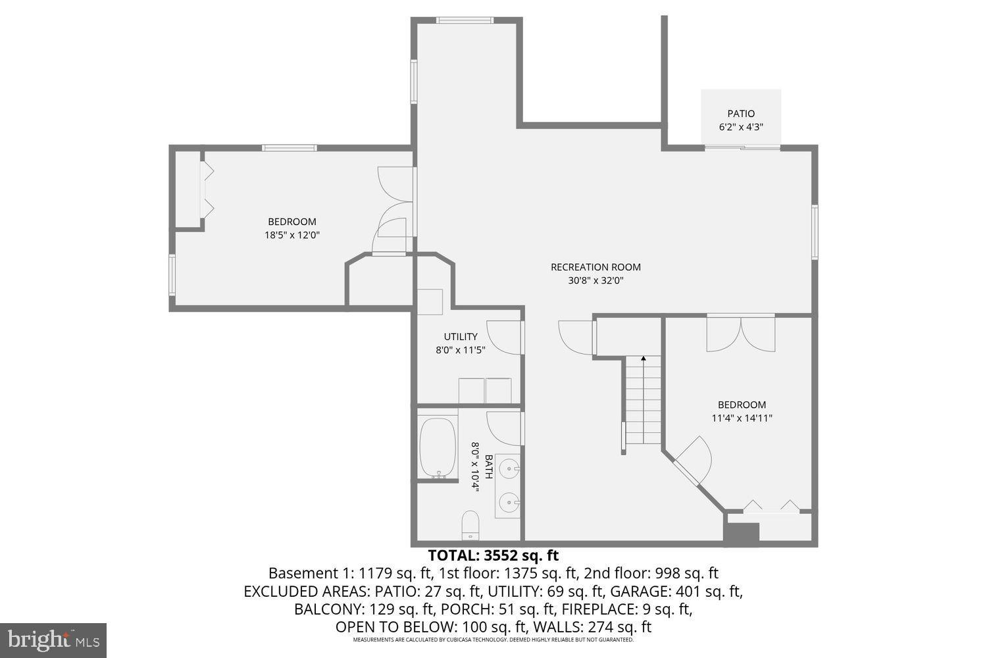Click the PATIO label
pos(741,114)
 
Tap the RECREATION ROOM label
pos(595,267)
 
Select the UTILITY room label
pos(461,337)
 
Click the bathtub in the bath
pos(438,447)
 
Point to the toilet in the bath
pos(470,524)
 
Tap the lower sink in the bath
pos(509,503)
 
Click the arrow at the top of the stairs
pos(643,359)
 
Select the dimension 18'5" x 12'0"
pos(292,235)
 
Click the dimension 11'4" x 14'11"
pos(742,418)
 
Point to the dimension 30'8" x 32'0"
pos(595,280)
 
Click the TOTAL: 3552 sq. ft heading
pos(493,555)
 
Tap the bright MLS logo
pos(53,640)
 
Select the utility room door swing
pos(504,336)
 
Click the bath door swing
pos(504,428)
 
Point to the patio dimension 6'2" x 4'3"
pos(741,128)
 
